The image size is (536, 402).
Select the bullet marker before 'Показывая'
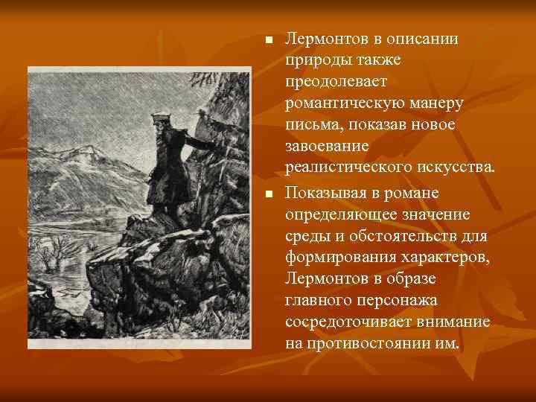coord(269,194)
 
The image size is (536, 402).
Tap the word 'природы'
coord(316,60)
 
